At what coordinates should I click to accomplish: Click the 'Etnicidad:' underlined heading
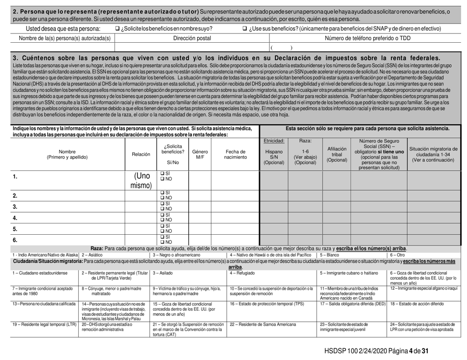[x=275, y=140]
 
